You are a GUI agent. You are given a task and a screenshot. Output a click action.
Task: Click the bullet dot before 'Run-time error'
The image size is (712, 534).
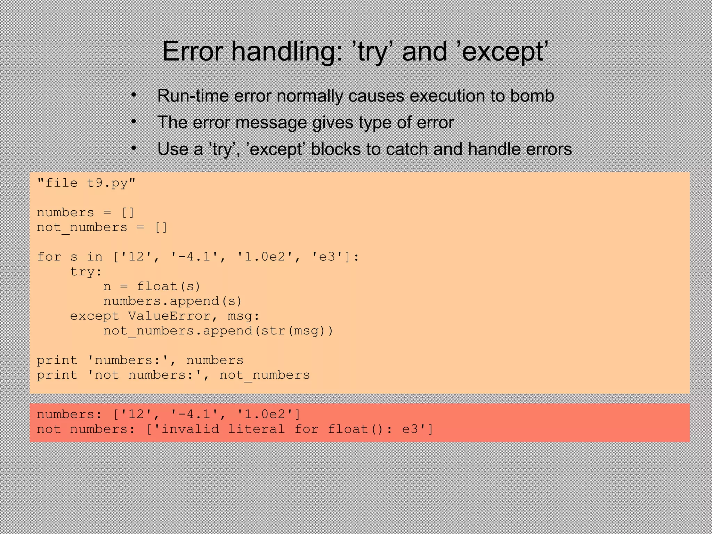pyautogui.click(x=133, y=95)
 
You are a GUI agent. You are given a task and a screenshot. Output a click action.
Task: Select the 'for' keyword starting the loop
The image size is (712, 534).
pyautogui.click(x=49, y=257)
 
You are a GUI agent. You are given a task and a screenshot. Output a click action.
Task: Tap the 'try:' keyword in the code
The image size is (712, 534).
pyautogui.click(x=86, y=272)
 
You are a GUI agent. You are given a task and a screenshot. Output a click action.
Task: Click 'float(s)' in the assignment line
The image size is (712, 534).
pyautogui.click(x=169, y=286)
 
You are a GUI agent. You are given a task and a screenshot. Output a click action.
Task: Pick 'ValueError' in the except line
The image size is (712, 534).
pyautogui.click(x=173, y=316)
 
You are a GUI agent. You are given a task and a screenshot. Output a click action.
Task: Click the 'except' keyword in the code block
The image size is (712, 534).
pyautogui.click(x=95, y=316)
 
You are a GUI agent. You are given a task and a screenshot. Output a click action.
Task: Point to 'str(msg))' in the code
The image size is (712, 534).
pyautogui.click(x=297, y=331)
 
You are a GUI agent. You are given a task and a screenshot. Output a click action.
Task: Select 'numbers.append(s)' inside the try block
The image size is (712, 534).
pyautogui.click(x=172, y=301)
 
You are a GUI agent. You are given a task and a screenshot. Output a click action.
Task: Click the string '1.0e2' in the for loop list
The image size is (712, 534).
pyautogui.click(x=265, y=257)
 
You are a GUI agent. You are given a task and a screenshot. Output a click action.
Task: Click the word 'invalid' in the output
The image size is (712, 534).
pyautogui.click(x=190, y=429)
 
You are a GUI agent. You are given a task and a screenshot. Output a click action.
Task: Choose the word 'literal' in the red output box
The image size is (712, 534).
pyautogui.click(x=257, y=429)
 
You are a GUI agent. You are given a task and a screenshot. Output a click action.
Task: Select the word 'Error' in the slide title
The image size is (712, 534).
pyautogui.click(x=193, y=52)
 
